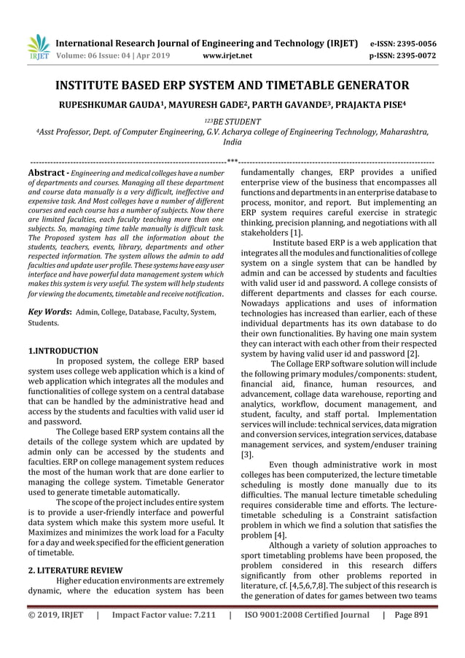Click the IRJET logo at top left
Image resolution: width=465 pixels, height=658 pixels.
click(37, 48)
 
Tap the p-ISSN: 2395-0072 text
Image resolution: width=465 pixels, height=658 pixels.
click(413, 55)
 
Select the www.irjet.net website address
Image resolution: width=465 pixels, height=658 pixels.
click(229, 55)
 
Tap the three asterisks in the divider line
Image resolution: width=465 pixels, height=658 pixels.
click(232, 159)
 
